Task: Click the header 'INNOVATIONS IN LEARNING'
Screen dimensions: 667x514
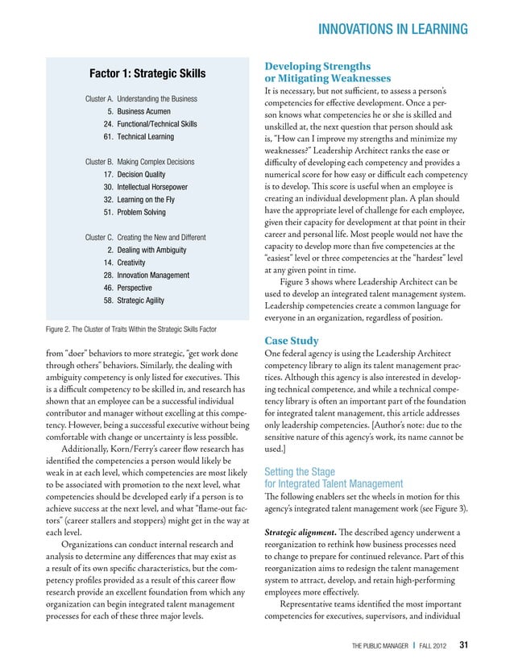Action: [393, 31]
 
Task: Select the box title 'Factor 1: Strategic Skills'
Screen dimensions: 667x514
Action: [147, 75]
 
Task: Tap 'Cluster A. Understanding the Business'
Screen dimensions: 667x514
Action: [142, 98]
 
